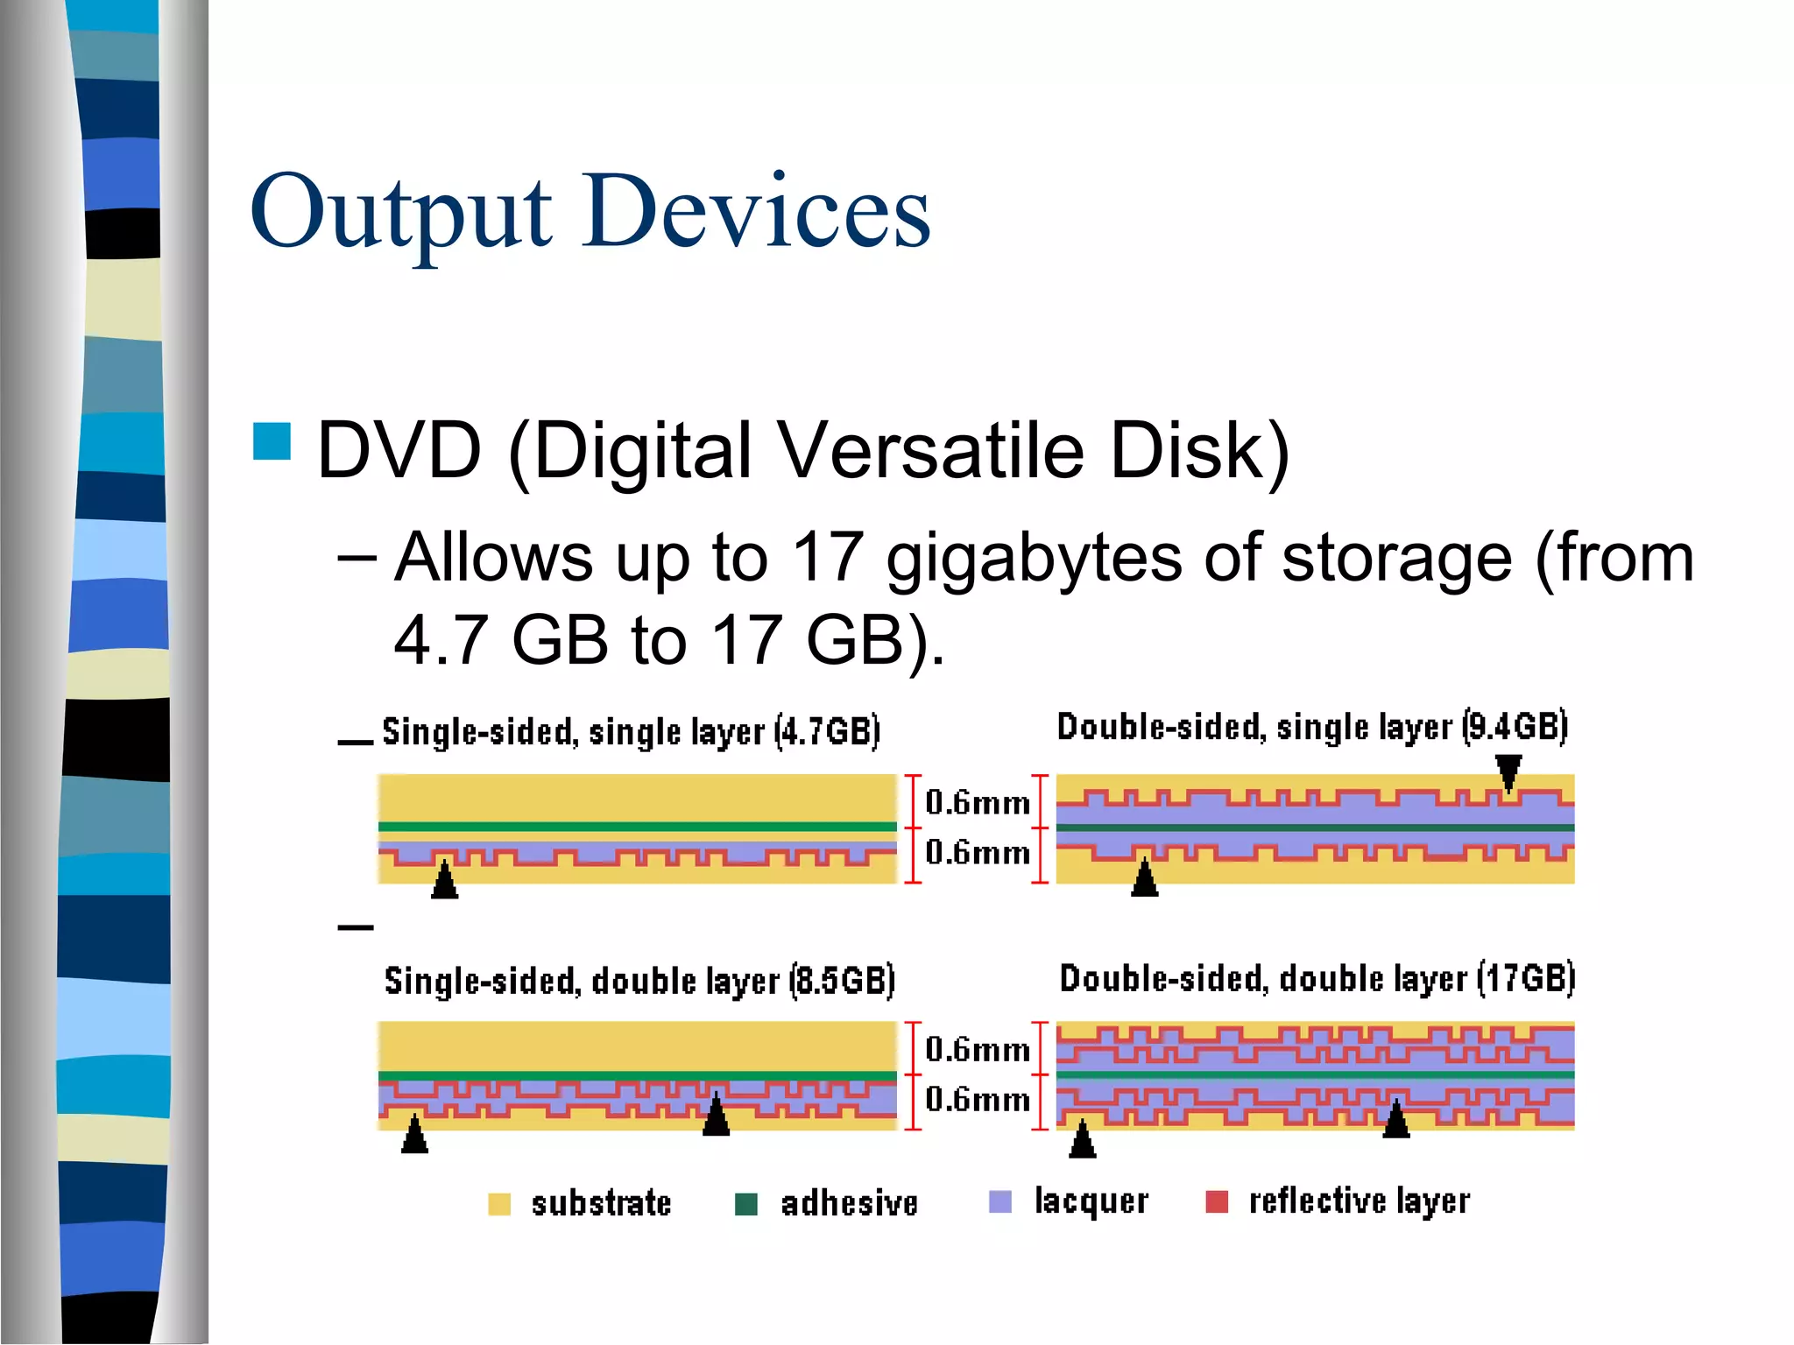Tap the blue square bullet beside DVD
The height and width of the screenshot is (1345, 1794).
click(272, 441)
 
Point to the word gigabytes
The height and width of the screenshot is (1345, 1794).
click(1034, 559)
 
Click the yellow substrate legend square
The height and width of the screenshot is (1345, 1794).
click(499, 1204)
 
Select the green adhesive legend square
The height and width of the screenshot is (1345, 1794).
click(746, 1204)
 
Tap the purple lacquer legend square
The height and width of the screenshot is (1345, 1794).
click(1000, 1201)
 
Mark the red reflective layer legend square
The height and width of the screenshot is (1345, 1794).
click(1217, 1201)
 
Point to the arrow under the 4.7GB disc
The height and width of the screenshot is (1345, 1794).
click(445, 881)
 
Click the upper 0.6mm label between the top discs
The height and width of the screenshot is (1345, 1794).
click(978, 802)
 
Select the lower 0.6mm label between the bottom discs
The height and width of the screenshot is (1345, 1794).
click(978, 1099)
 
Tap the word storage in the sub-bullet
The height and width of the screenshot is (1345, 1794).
click(1396, 558)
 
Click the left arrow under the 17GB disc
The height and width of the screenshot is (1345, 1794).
click(1083, 1139)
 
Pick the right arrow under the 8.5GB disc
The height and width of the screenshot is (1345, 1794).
click(717, 1116)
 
